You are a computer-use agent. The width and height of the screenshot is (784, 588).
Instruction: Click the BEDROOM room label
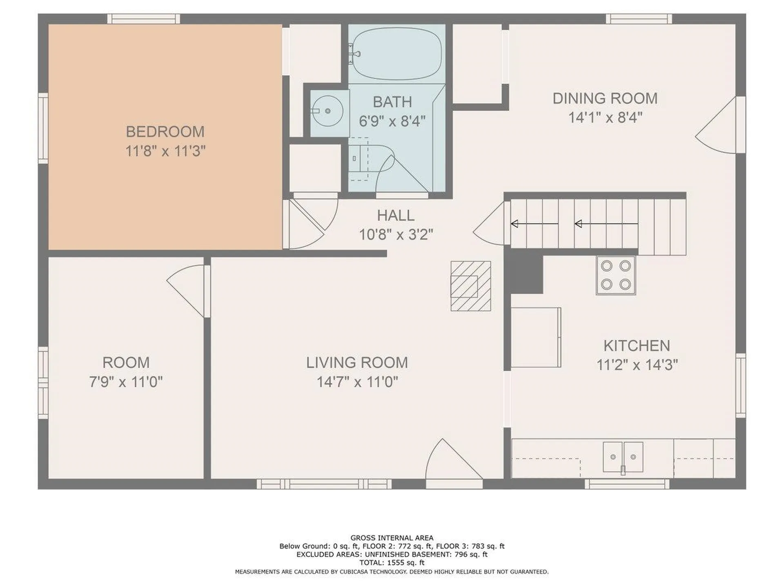[165, 131]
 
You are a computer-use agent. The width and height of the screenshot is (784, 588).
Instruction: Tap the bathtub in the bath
[397, 53]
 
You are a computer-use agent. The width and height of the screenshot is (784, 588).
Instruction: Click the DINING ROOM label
[605, 98]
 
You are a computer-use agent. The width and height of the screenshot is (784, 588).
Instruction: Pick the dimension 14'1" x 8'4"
[605, 118]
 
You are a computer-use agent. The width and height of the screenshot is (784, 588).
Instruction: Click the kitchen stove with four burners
[616, 275]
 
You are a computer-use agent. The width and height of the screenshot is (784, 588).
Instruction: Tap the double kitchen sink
[623, 457]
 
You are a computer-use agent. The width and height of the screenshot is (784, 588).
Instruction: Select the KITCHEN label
[637, 346]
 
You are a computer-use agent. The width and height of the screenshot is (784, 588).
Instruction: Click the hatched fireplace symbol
[471, 286]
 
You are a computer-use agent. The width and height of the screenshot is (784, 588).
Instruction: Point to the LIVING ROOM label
[357, 363]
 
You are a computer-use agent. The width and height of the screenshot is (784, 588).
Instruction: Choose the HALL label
[395, 215]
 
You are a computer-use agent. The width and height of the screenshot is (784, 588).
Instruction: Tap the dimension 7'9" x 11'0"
[126, 382]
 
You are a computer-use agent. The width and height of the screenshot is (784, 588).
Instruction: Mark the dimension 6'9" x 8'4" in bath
[392, 121]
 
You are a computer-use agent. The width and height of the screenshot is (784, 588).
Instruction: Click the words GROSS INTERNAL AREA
[392, 538]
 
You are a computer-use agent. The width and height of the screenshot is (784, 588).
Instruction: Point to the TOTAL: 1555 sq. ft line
[392, 563]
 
